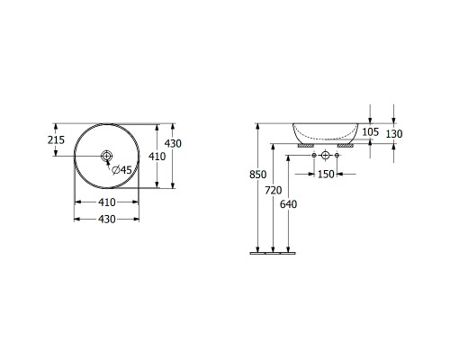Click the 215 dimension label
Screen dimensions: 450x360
(56, 139)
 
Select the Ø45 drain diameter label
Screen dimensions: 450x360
(121, 170)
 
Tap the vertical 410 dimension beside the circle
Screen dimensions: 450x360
(157, 157)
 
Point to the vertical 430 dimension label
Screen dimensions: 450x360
(173, 144)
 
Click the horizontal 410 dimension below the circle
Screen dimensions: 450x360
(107, 202)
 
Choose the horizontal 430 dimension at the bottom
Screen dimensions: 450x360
(107, 220)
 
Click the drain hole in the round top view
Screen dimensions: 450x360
(106, 156)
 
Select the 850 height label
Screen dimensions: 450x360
(258, 175)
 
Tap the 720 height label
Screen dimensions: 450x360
(274, 190)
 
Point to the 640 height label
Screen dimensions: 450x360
(288, 204)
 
